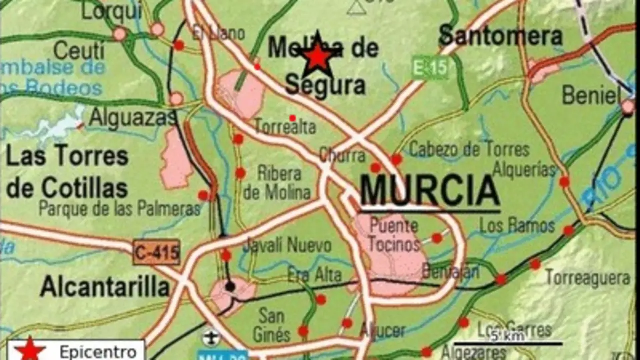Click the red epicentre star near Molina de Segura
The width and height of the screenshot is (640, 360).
click(317, 56)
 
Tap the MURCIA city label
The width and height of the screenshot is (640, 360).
click(430, 191)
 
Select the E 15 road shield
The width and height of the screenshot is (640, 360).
click(430, 67)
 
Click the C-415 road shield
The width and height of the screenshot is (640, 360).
click(156, 252)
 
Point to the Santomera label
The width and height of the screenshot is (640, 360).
click(500, 36)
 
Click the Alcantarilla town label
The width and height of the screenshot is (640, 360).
click(105, 287)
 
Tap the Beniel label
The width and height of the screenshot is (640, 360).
click(591, 95)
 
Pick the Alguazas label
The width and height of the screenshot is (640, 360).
click(132, 118)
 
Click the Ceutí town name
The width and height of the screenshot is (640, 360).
click(79, 50)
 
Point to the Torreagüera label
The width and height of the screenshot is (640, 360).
click(587, 278)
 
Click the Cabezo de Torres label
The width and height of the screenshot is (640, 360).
click(469, 149)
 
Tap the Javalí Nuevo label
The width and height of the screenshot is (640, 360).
click(287, 245)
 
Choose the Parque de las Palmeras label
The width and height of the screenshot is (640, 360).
click(120, 208)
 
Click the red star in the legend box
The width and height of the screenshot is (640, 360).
click(30, 350)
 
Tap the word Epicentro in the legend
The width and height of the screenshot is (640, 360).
click(98, 352)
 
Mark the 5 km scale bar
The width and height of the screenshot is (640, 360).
click(507, 343)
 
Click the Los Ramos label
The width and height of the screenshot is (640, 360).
click(517, 226)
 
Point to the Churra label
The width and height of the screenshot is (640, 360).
click(342, 155)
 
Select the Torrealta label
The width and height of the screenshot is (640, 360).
click(285, 127)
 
